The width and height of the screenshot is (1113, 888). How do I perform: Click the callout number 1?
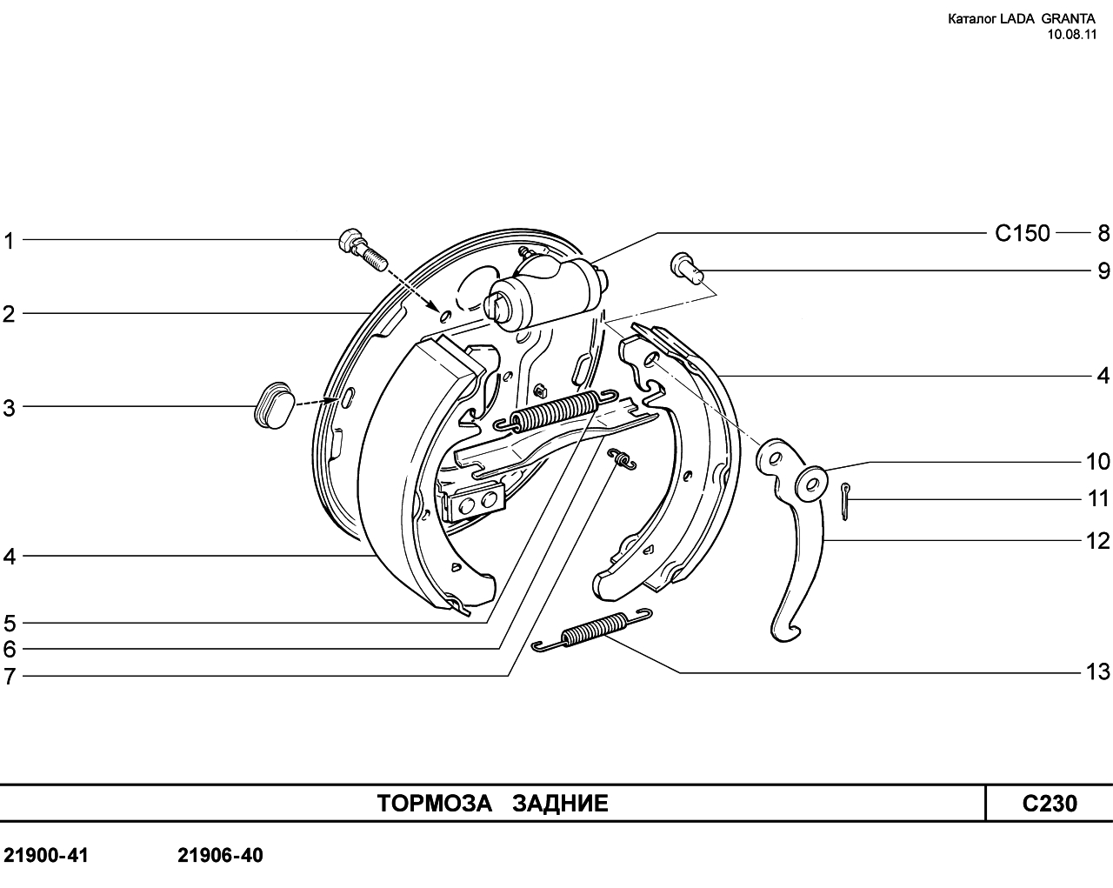[9, 241]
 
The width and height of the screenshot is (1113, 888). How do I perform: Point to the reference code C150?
[1023, 233]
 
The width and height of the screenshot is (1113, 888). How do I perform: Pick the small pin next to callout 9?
[687, 269]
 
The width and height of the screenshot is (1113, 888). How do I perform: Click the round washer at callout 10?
[811, 484]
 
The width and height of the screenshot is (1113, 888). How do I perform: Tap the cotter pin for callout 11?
[844, 502]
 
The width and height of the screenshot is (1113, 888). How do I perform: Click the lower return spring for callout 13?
[593, 630]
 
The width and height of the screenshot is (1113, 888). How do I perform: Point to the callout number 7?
[10, 677]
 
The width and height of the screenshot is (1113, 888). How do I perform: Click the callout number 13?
[1097, 672]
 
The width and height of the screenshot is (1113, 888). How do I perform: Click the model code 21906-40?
[220, 856]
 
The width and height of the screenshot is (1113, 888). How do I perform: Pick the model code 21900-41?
[46, 856]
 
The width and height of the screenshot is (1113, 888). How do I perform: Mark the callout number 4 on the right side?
[1103, 376]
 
